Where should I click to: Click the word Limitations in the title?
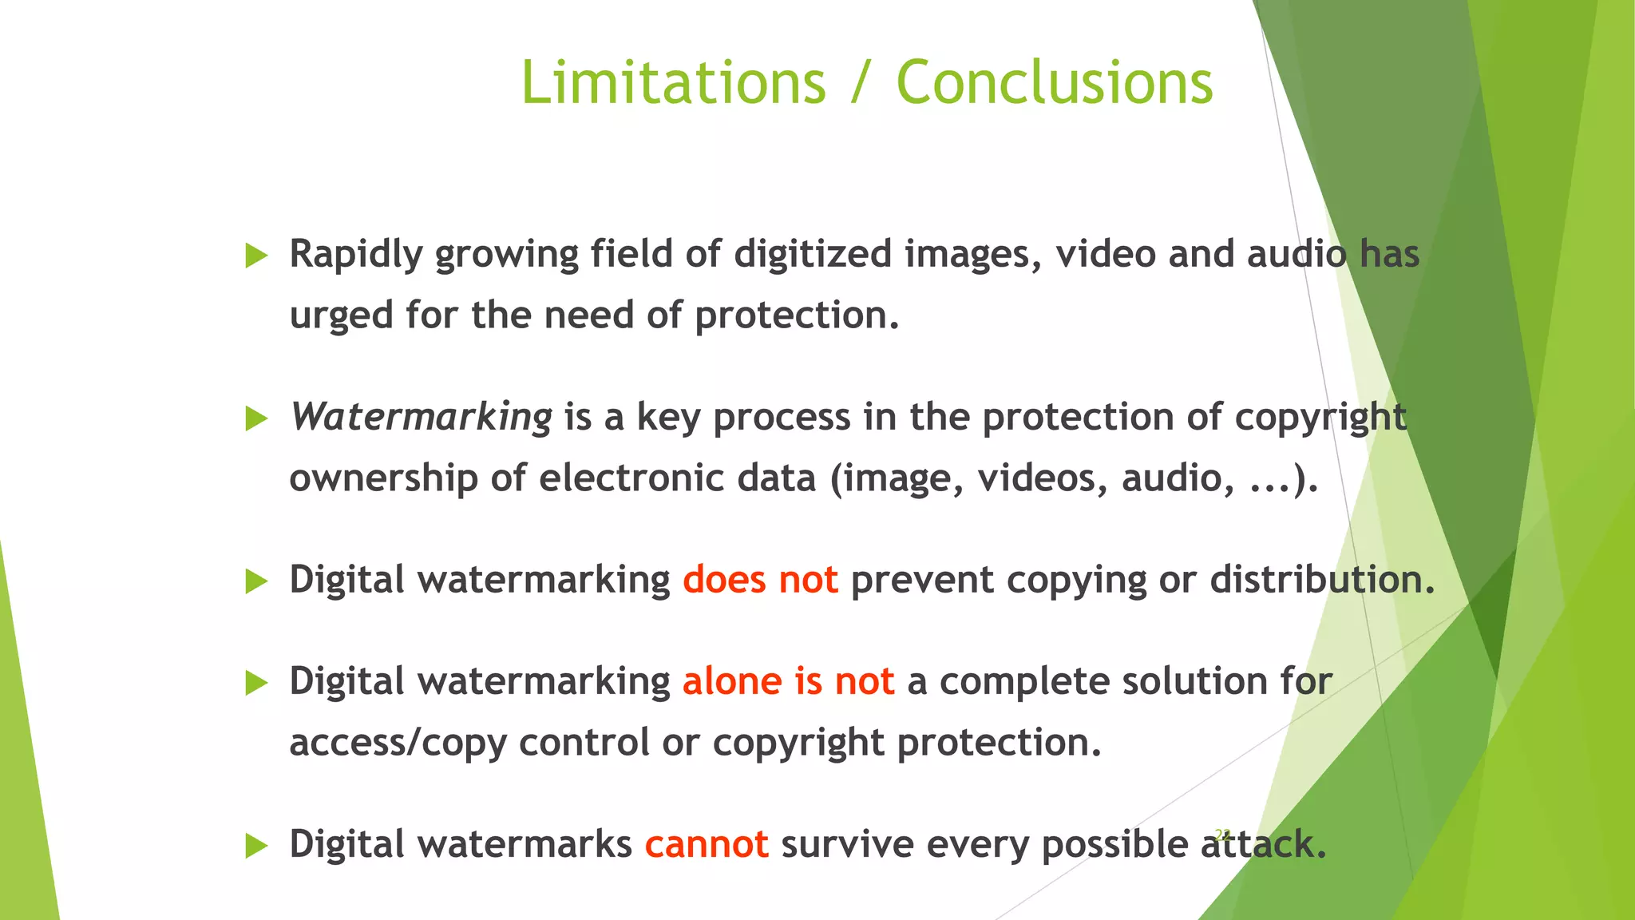pyautogui.click(x=673, y=82)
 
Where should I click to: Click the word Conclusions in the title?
pyautogui.click(x=1054, y=82)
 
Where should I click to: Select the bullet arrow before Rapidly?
pyautogui.click(x=256, y=256)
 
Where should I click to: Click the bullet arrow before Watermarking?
pyautogui.click(x=256, y=418)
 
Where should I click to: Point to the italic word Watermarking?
pyautogui.click(x=421, y=417)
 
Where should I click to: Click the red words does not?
pyautogui.click(x=760, y=580)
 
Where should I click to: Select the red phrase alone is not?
pyautogui.click(x=788, y=681)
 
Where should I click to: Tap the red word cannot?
pyautogui.click(x=707, y=844)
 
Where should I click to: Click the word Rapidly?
pyautogui.click(x=355, y=255)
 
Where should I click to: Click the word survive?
pyautogui.click(x=847, y=844)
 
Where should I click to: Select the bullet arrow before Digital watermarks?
pyautogui.click(x=256, y=846)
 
